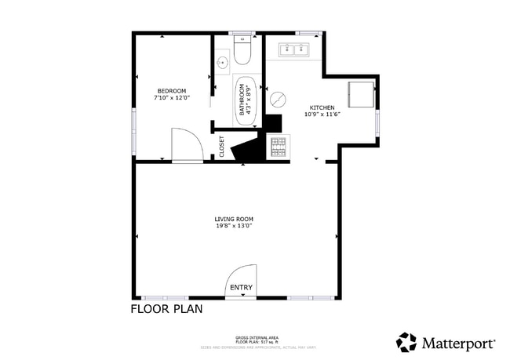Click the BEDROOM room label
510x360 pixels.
click(171, 91)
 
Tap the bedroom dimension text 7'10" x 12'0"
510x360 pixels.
click(171, 98)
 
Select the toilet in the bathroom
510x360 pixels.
click(242, 52)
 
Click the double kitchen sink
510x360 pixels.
click(294, 50)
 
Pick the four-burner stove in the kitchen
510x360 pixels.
click(279, 145)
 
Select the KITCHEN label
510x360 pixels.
click(322, 107)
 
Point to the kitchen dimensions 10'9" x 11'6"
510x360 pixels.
click(322, 115)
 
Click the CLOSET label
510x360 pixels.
click(221, 146)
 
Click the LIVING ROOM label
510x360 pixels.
click(234, 219)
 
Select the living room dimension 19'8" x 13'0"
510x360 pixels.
click(234, 226)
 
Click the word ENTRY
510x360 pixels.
click(241, 288)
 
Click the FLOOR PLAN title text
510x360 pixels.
click(166, 309)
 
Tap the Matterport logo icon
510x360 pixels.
click(406, 342)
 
